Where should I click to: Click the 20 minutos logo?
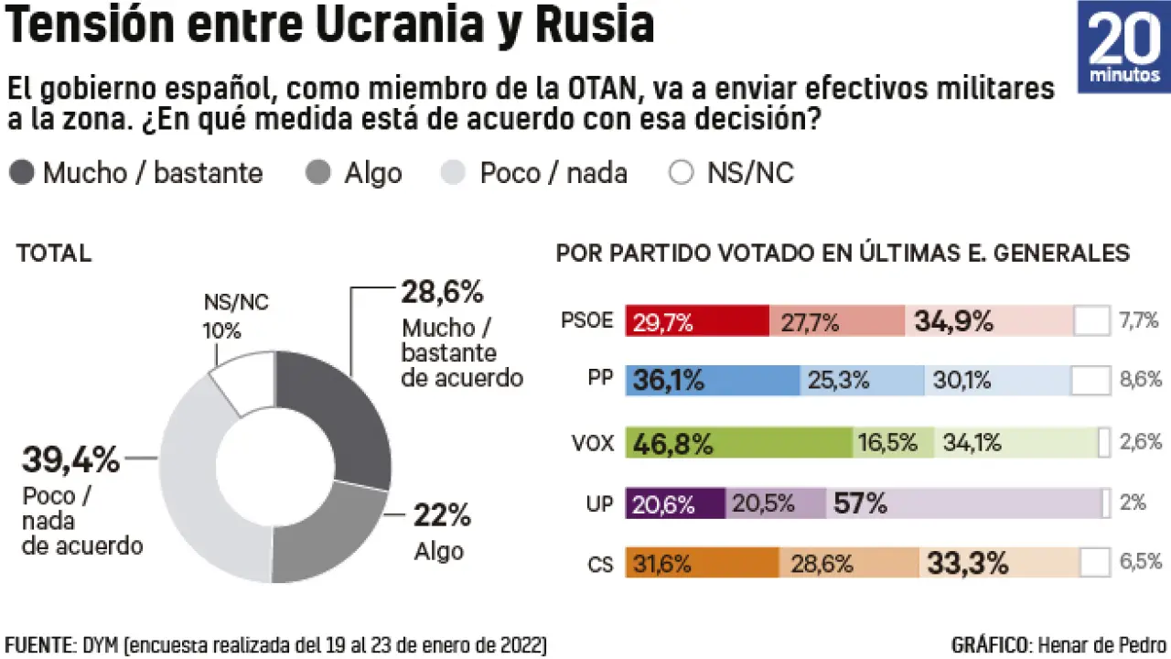(1123, 47)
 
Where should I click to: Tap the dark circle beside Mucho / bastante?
(23, 173)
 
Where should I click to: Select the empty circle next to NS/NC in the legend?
(682, 173)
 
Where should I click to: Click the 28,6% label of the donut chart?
(442, 293)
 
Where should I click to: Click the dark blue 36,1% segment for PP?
(713, 380)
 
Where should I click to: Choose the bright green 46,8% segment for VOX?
(739, 443)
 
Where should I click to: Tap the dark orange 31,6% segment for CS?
(703, 563)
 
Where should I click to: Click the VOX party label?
(592, 444)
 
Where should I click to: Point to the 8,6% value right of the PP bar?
(1140, 380)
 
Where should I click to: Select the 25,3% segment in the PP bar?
(863, 380)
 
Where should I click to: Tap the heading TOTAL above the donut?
(54, 254)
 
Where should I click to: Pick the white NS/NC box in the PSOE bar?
(1090, 321)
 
